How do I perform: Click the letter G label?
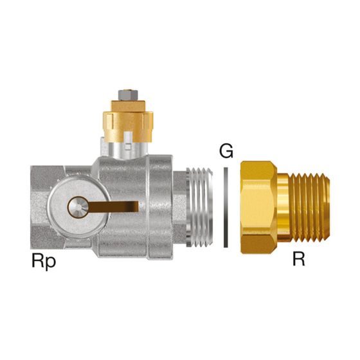point(226,151)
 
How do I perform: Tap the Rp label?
point(44,262)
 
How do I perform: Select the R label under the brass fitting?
point(299,259)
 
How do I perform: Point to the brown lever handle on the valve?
point(113,206)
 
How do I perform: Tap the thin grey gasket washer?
point(226,207)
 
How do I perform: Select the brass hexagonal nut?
point(259,207)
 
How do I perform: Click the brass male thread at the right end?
point(309,207)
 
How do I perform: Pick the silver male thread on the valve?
point(199,207)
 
